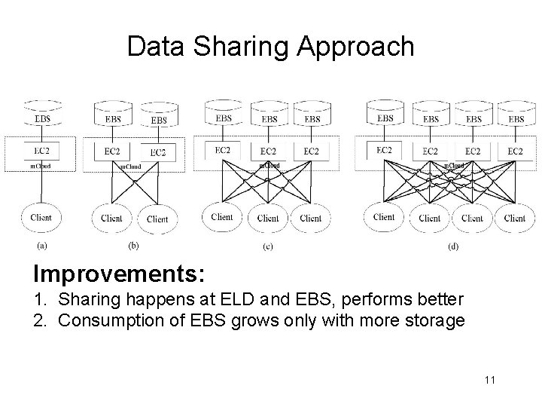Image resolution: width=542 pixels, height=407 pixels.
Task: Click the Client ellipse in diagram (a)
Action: pyautogui.click(x=41, y=218)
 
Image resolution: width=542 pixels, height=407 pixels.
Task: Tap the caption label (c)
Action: pyautogui.click(x=267, y=246)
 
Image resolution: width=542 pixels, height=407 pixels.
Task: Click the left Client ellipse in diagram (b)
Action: pyautogui.click(x=111, y=219)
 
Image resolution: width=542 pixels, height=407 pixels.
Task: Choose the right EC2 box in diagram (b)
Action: pyautogui.click(x=158, y=152)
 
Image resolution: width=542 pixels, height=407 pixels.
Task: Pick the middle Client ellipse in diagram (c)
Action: pyautogui.click(x=268, y=218)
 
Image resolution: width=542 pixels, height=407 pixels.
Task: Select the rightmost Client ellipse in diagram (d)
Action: pyautogui.click(x=515, y=218)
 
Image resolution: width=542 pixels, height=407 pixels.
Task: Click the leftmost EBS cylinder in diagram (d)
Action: pyautogui.click(x=385, y=115)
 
